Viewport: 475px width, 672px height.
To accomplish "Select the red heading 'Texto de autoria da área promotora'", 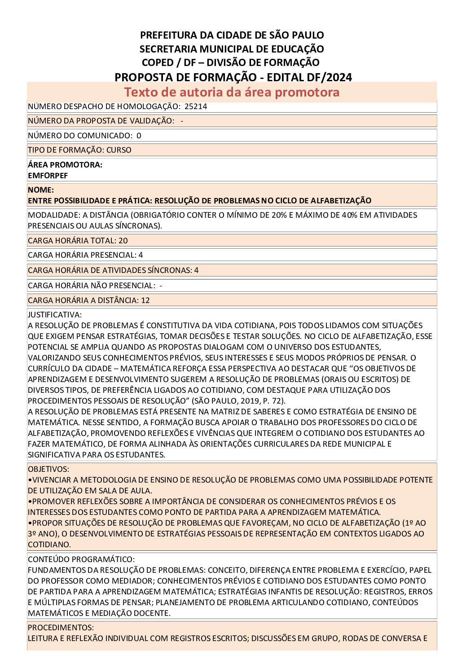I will [232, 92].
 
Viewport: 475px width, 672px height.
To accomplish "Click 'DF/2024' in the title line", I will [330, 77].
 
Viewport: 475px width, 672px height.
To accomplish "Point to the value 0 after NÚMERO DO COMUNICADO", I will [139, 136].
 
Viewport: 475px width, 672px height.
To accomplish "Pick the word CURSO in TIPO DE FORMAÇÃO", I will [119, 150].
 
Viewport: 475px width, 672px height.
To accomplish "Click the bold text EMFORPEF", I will [48, 176].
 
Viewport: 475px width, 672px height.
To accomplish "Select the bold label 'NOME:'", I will [41, 190].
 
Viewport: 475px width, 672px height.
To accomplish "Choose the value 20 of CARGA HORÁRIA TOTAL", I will [123, 241].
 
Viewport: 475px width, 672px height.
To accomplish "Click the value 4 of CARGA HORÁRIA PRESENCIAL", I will [141, 255].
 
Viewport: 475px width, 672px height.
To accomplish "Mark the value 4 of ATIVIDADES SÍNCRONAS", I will [196, 270].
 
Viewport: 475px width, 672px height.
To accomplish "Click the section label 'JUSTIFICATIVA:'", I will [55, 315].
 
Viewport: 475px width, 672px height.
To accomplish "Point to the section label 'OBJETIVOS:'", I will [48, 469].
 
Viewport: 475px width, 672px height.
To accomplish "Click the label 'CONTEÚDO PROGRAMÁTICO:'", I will [81, 559].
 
